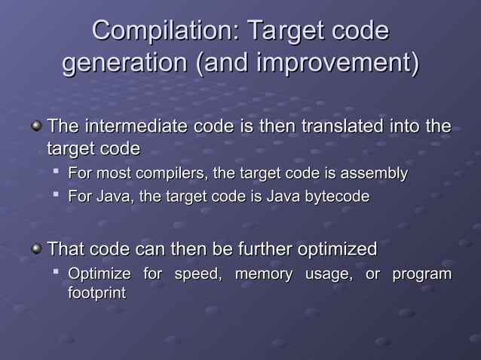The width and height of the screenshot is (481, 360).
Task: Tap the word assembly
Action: [375, 175]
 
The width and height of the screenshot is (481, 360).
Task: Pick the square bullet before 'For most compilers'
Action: [57, 174]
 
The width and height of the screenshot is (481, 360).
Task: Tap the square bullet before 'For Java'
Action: [57, 196]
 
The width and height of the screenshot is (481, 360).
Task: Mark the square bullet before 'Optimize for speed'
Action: [57, 274]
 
